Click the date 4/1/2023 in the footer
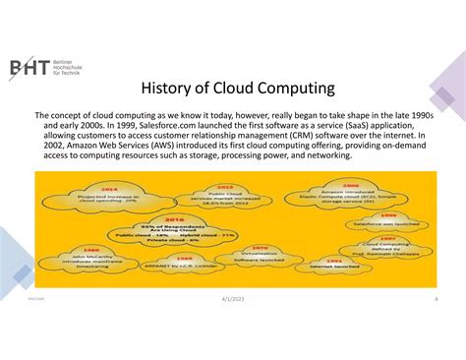233,326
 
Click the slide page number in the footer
435,326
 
